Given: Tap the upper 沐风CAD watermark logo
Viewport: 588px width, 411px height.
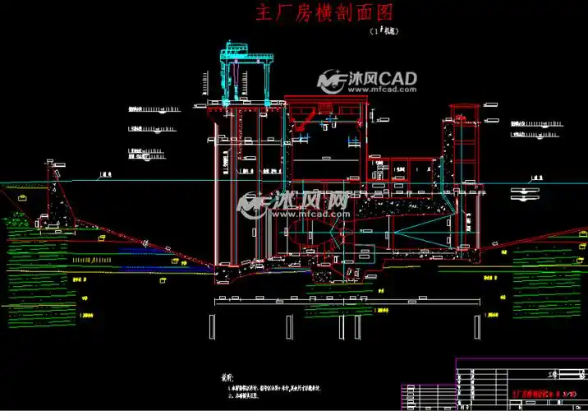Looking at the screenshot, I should click(x=368, y=80).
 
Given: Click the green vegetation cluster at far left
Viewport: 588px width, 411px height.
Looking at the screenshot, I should click(x=18, y=220).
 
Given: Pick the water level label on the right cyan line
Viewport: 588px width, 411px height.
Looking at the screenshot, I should click(x=537, y=176).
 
